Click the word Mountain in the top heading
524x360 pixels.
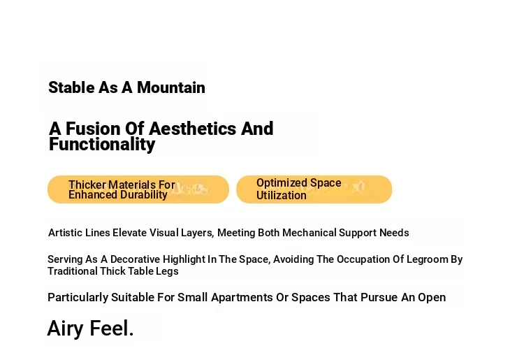170,87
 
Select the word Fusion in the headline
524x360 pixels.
93,129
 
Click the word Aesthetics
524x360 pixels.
192,129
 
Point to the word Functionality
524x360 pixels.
102,145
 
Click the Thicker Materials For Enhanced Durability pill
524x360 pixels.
138,189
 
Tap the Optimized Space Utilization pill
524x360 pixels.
314,189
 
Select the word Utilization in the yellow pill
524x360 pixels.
282,195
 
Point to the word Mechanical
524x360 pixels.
309,233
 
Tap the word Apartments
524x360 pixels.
242,298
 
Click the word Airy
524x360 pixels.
66,329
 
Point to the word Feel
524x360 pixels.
112,329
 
